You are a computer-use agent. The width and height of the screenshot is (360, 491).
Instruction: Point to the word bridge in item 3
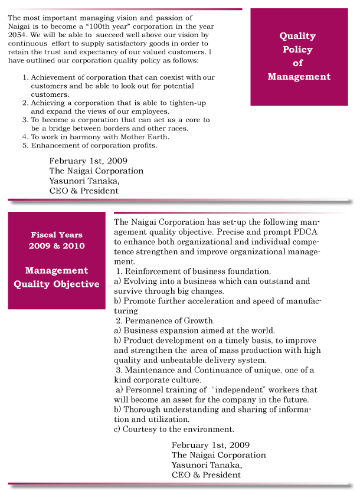click(61, 128)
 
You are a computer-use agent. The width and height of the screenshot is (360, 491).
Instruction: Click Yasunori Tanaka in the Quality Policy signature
click(84, 181)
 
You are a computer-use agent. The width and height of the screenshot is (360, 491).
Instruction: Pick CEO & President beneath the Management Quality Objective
click(206, 474)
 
